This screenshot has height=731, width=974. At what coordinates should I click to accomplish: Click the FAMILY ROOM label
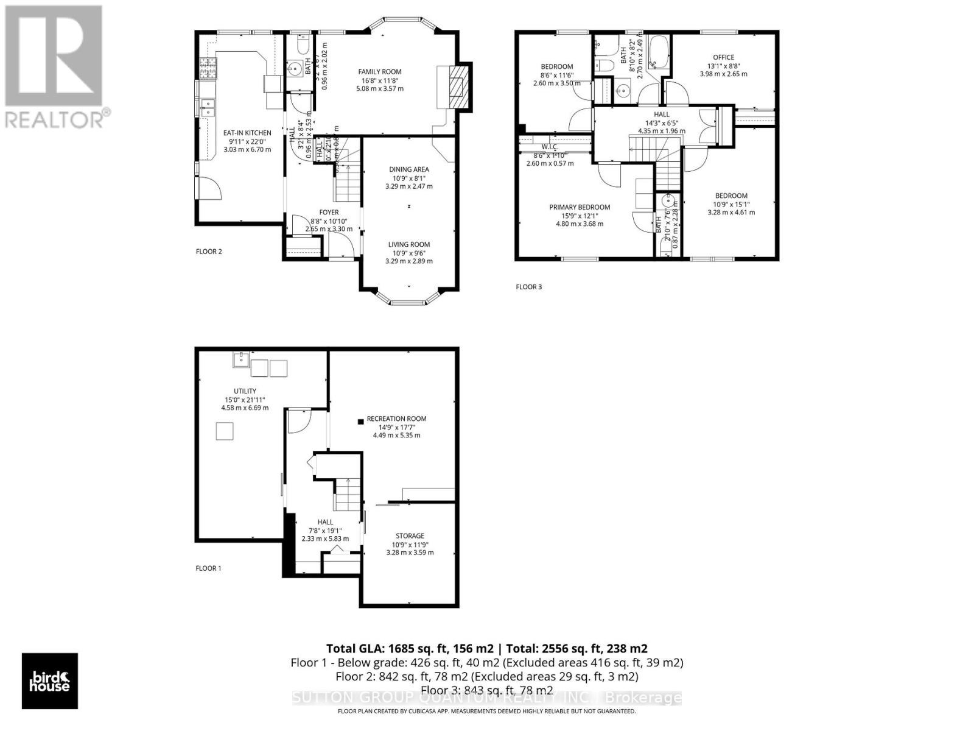[x=379, y=72]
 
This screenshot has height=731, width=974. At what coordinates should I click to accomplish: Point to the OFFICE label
[x=723, y=57]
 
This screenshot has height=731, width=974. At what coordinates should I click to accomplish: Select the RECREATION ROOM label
[x=396, y=418]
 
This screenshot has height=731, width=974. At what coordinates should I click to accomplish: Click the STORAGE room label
[x=410, y=536]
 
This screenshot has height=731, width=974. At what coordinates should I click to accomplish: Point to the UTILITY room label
[x=245, y=391]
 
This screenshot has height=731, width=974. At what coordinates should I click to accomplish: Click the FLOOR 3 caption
[x=528, y=287]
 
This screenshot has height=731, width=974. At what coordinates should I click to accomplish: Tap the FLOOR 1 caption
[x=208, y=568]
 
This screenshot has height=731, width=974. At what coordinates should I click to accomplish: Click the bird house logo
[x=50, y=680]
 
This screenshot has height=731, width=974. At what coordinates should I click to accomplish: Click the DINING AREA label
[x=409, y=169]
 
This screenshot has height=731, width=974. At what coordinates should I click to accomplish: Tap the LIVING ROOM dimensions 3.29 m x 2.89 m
[x=409, y=261]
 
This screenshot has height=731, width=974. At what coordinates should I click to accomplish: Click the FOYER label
[x=329, y=213]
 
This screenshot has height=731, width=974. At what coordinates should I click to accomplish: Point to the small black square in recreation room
[x=360, y=421]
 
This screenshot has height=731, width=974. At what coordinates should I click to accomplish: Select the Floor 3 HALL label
[x=662, y=115]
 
